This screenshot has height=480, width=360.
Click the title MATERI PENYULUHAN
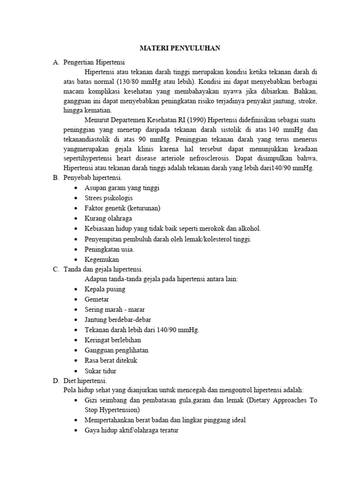(180, 48)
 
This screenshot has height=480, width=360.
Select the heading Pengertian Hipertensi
(94, 62)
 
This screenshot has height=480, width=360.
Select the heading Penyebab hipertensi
(92, 178)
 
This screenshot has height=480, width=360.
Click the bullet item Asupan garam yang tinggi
(122, 188)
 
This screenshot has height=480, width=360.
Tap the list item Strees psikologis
(109, 198)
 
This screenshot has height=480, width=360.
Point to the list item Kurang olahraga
(108, 218)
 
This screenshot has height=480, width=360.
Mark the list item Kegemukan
(102, 259)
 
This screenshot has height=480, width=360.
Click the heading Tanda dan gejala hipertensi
(103, 269)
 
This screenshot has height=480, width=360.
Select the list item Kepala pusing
(105, 289)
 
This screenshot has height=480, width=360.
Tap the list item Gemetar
(97, 300)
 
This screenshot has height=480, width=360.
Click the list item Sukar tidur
(100, 371)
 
